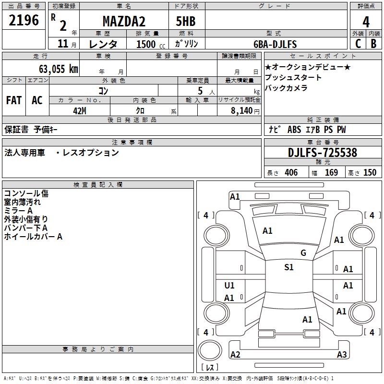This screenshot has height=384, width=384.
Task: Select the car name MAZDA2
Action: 124,22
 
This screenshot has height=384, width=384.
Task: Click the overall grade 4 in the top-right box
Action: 366,22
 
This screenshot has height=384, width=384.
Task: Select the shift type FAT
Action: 13,100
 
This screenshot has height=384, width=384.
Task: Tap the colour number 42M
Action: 79,110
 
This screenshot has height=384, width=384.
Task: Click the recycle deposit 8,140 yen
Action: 239,110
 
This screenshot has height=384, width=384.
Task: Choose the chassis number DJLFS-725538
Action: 323,153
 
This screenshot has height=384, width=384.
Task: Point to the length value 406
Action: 291,173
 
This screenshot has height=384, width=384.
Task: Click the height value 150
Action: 370,173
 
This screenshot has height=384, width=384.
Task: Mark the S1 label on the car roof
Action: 288,267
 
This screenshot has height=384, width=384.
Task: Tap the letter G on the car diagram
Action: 303,253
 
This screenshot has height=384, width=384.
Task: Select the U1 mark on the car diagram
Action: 229,286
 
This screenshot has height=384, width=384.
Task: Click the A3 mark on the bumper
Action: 342,355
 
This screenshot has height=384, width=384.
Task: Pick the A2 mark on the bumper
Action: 235,355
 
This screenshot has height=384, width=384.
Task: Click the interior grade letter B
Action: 373,43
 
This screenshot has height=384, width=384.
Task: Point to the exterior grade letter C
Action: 358,43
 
